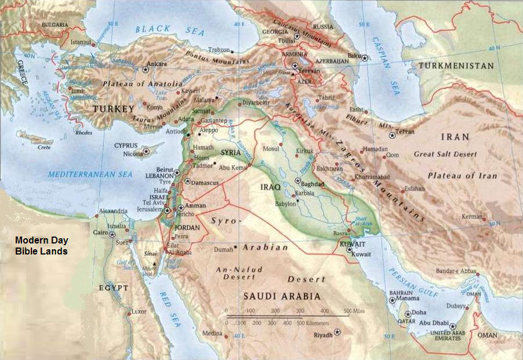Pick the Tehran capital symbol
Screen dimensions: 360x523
pos(393,136)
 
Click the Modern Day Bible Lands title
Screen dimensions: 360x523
pos(41,245)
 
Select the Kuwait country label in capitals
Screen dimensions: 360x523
pos(353,245)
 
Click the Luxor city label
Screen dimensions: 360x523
pos(140,312)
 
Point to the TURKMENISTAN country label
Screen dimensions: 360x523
pos(456,66)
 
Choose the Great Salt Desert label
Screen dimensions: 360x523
pos(445,154)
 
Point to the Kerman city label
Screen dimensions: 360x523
pos(472,217)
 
